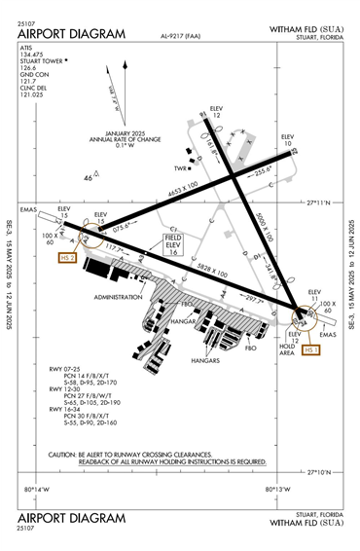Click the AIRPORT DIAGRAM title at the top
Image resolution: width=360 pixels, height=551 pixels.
(x=71, y=34)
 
